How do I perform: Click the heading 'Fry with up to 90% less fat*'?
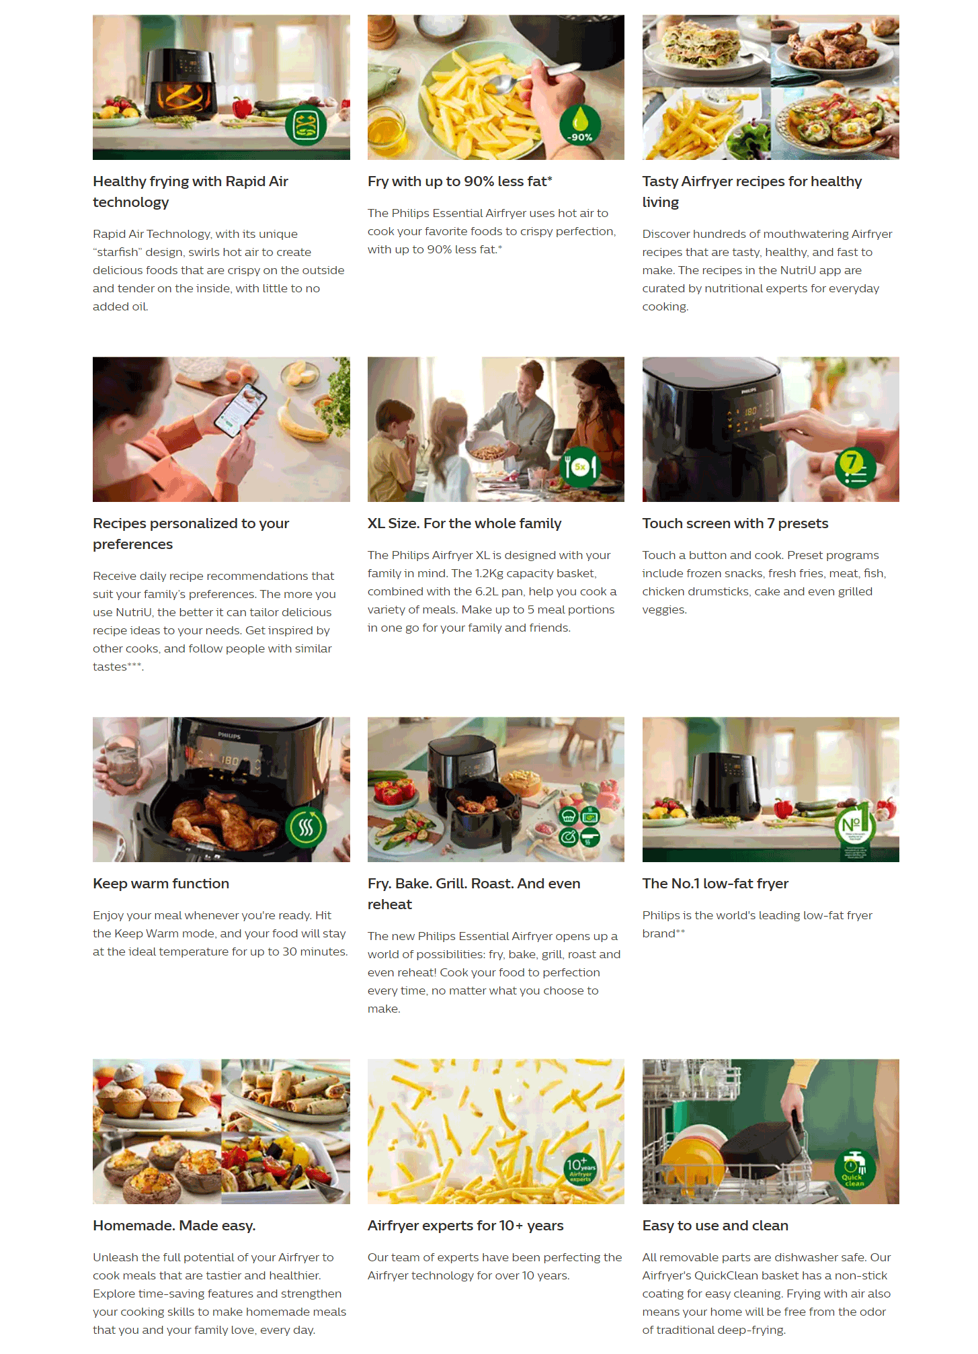pyautogui.click(x=460, y=181)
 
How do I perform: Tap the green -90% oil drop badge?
pyautogui.click(x=579, y=125)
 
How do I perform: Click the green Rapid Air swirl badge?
pyautogui.click(x=306, y=126)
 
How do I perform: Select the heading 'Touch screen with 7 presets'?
pyautogui.click(x=735, y=523)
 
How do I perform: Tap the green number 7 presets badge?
pyautogui.click(x=855, y=467)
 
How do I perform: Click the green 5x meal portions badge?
pyautogui.click(x=580, y=467)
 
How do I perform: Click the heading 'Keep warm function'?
pyautogui.click(x=161, y=884)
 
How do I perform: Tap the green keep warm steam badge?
pyautogui.click(x=306, y=827)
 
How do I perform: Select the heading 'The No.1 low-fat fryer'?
pyautogui.click(x=715, y=884)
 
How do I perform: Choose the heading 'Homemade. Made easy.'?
pyautogui.click(x=174, y=1226)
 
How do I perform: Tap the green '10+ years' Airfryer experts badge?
pyautogui.click(x=580, y=1169)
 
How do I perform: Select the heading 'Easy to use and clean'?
pyautogui.click(x=715, y=1226)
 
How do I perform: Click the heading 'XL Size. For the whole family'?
pyautogui.click(x=464, y=523)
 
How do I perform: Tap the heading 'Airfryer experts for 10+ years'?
pyautogui.click(x=466, y=1226)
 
